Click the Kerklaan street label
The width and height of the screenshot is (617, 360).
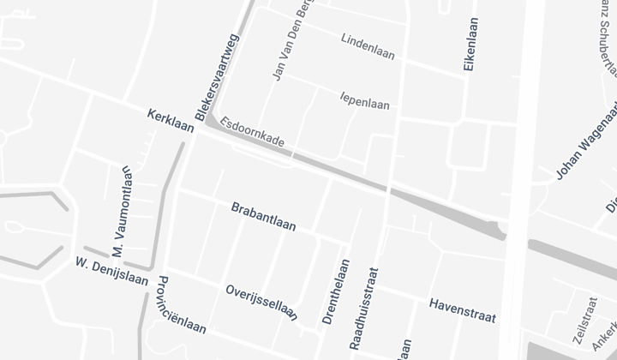pos(171,122)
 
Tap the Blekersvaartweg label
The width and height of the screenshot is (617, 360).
pos(217,78)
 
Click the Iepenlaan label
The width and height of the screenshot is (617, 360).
pos(364,99)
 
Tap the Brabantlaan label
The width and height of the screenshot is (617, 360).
pos(263,217)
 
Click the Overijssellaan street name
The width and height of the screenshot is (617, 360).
pos(261,302)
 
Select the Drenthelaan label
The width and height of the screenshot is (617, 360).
pos(335,291)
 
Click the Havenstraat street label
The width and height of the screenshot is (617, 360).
pos(462,310)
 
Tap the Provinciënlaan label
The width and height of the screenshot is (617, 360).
pos(182,308)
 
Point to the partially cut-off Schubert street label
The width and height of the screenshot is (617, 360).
pos(608,34)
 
